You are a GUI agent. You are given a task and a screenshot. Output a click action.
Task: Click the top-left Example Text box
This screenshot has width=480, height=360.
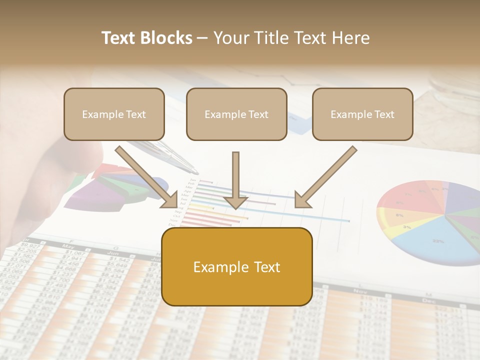(x=114, y=114)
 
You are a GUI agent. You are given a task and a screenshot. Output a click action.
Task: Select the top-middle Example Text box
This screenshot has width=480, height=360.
(x=236, y=114)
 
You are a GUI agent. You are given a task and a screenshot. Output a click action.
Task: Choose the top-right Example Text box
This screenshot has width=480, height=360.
(x=362, y=114)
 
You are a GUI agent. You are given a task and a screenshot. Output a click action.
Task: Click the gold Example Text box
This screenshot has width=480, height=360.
(x=237, y=267)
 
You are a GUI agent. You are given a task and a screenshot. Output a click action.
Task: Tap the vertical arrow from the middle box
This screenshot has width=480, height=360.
(x=235, y=180)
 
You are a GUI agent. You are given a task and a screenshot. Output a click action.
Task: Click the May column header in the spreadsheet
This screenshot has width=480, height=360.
(x=68, y=246)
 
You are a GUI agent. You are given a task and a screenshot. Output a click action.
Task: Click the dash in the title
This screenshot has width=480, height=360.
(x=202, y=38)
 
